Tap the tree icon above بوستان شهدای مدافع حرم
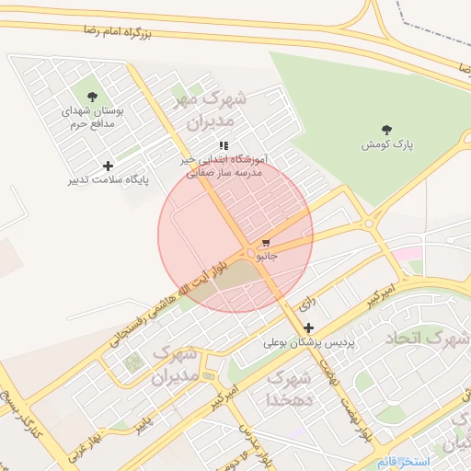pos(91,97)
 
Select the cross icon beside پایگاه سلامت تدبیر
pos(109,166)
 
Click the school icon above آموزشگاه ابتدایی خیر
pos(224,145)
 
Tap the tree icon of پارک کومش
pos(385,130)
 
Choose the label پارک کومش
pos(386,145)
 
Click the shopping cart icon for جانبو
pos(266,244)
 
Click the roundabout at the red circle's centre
pos(249,253)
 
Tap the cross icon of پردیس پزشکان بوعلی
pos(308,327)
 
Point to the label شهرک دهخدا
pos(290,389)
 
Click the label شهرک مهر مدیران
pos(212,109)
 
